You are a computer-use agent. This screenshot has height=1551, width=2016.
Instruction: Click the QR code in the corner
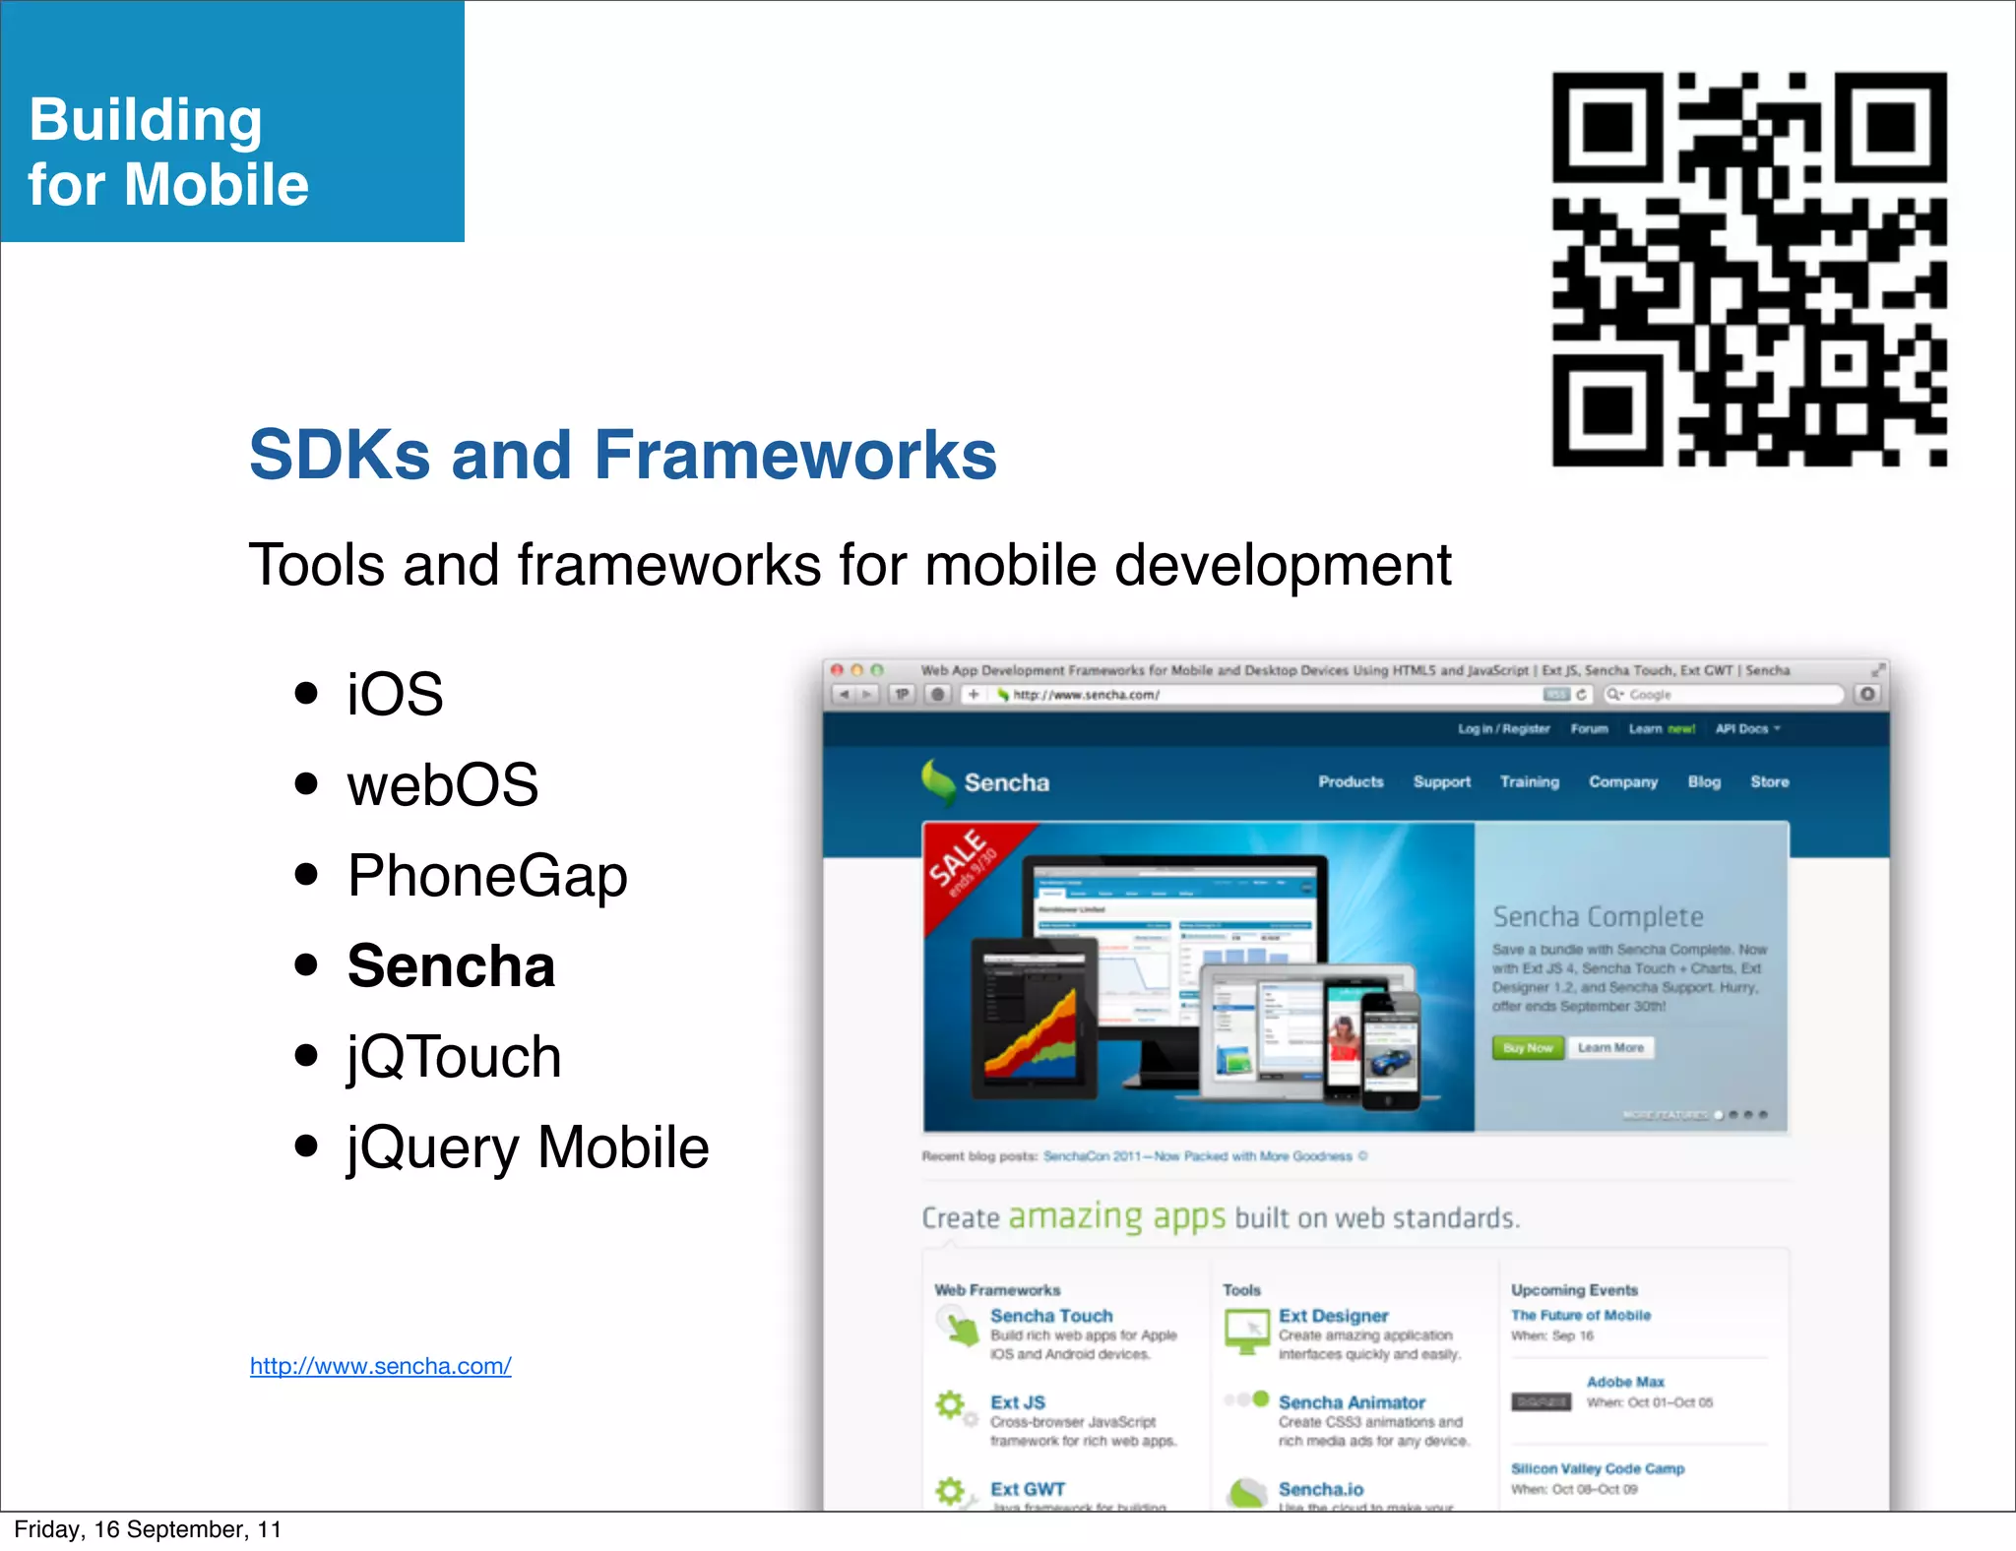pyautogui.click(x=1749, y=269)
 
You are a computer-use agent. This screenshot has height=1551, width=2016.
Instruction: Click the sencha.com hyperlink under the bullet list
pyautogui.click(x=380, y=1366)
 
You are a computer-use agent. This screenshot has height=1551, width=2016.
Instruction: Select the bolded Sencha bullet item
pyautogui.click(x=451, y=965)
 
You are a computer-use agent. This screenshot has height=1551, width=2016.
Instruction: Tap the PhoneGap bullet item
pyautogui.click(x=487, y=875)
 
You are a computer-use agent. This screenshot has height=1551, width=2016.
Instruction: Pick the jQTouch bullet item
pyautogui.click(x=454, y=1057)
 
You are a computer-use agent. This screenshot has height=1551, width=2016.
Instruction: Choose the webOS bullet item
pyautogui.click(x=442, y=784)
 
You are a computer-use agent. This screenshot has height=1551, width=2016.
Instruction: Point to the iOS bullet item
pyautogui.click(x=395, y=694)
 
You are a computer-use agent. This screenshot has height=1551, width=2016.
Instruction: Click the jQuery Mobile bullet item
pyautogui.click(x=528, y=1148)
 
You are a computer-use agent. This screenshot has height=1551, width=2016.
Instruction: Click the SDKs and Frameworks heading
pyautogui.click(x=622, y=455)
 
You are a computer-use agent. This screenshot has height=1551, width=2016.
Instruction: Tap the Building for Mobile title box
pyautogui.click(x=232, y=122)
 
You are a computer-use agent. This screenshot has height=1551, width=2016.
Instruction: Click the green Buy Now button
pyautogui.click(x=1527, y=1048)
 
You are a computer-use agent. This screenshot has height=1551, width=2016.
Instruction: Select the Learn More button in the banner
pyautogui.click(x=1610, y=1048)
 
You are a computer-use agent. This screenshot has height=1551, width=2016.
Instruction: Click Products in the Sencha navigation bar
pyautogui.click(x=1351, y=781)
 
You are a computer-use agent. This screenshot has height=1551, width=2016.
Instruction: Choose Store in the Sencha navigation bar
pyautogui.click(x=1769, y=781)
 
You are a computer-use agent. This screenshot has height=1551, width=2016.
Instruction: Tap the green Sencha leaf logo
pyautogui.click(x=937, y=781)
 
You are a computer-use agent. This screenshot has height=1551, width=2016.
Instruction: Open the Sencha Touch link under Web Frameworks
pyautogui.click(x=1051, y=1316)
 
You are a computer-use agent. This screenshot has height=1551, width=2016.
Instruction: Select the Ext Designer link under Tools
pyautogui.click(x=1333, y=1316)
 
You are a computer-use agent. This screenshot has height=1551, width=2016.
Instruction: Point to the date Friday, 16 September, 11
pyautogui.click(x=148, y=1529)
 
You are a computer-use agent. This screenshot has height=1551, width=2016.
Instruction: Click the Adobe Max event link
pyautogui.click(x=1625, y=1382)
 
